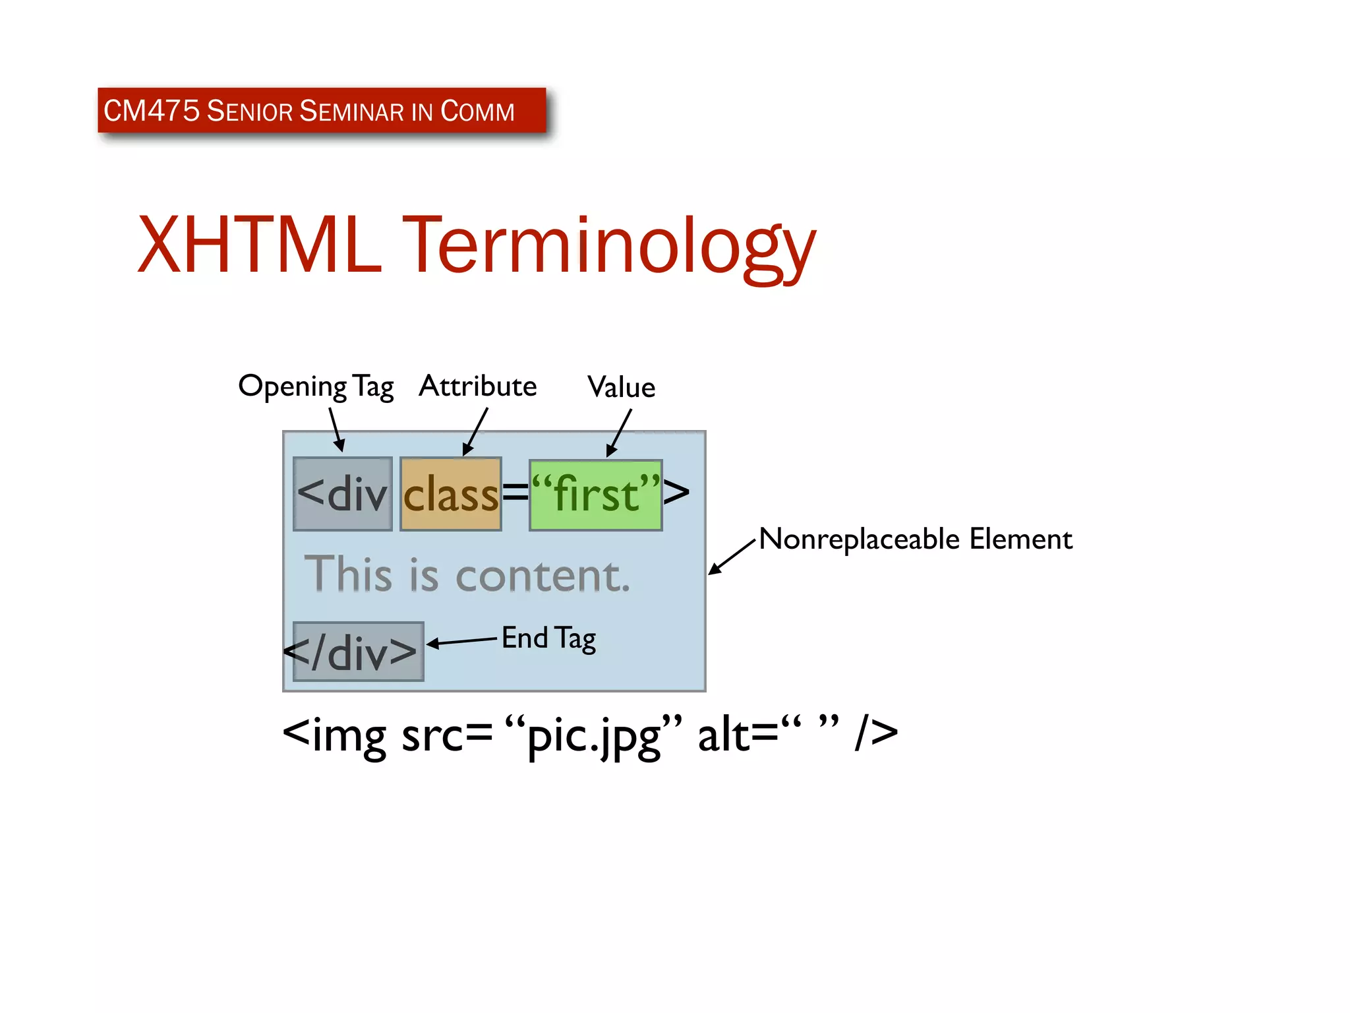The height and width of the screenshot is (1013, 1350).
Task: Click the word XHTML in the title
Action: [x=259, y=245]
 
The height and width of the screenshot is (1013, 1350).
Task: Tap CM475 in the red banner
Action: [x=151, y=110]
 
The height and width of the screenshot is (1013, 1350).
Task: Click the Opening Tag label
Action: [x=316, y=386]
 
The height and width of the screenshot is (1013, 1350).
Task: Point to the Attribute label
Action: [x=477, y=386]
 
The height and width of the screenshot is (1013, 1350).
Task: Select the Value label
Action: [x=621, y=387]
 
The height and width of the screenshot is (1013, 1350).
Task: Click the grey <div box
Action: [x=343, y=493]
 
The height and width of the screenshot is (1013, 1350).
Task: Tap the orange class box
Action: [x=451, y=493]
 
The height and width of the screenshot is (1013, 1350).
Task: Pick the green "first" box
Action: [x=595, y=495]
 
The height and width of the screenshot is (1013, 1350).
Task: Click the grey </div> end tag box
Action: [x=358, y=652]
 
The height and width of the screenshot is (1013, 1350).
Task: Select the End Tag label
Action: [x=548, y=638]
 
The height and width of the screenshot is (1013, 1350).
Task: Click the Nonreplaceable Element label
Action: [x=915, y=539]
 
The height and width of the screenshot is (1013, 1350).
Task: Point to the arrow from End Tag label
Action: [x=461, y=642]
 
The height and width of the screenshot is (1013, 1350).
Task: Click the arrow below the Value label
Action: [x=619, y=433]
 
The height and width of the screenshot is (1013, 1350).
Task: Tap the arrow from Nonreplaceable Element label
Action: [x=731, y=557]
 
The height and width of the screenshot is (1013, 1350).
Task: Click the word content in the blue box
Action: [x=543, y=575]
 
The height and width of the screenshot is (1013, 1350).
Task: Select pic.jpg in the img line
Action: [x=593, y=735]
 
